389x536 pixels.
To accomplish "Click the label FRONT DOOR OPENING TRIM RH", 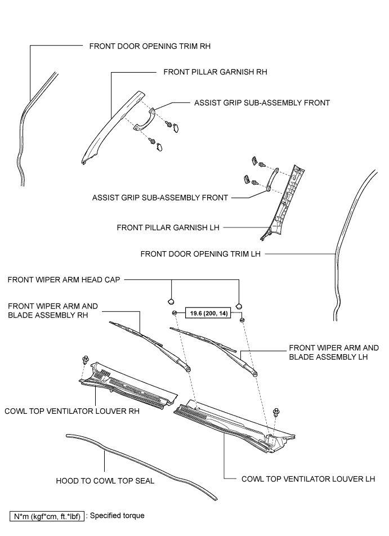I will coord(150,46).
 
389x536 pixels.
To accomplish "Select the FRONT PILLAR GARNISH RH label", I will coord(214,72).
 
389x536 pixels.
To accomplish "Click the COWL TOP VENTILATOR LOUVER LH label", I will coord(308,479).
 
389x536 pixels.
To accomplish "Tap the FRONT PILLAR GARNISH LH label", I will coord(167,227).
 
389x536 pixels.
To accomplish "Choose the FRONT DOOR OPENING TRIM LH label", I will coord(200,254).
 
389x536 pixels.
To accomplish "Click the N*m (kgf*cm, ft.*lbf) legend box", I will coord(47,516).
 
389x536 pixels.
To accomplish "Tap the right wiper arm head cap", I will coord(240,305).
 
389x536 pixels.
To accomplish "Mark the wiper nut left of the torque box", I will coord(175,313).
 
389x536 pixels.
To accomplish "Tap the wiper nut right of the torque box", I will coord(242,320).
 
